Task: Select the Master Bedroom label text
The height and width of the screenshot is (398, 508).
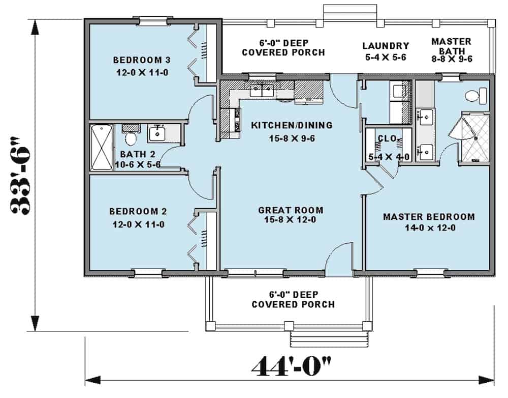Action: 429,217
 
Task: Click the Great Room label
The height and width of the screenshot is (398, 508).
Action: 291,210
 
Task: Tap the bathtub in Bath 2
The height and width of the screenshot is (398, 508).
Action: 102,148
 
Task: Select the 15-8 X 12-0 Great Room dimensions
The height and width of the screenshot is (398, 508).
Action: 291,220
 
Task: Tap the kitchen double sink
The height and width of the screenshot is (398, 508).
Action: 262,91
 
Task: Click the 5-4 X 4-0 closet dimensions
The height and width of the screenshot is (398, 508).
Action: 389,157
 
